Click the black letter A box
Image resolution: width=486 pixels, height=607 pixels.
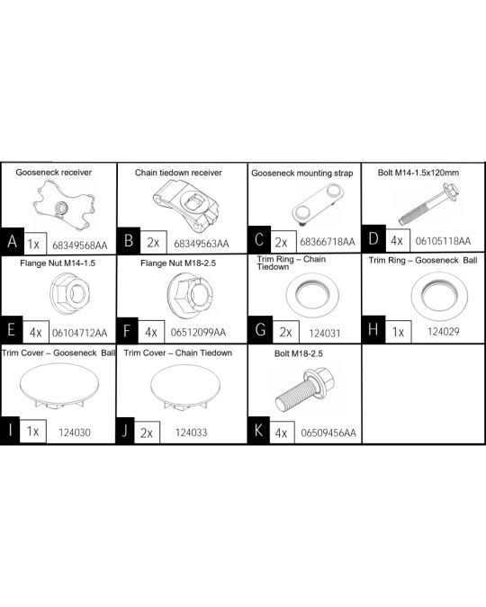[12, 243]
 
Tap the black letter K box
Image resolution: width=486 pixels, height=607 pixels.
[258, 432]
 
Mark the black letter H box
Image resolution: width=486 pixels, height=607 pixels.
[373, 332]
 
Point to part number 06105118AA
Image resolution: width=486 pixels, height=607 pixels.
[445, 243]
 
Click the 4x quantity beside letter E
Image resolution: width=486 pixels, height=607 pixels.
[34, 332]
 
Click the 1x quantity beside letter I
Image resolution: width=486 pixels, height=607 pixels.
[34, 432]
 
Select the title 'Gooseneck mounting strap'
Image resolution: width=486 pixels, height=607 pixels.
[302, 171]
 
